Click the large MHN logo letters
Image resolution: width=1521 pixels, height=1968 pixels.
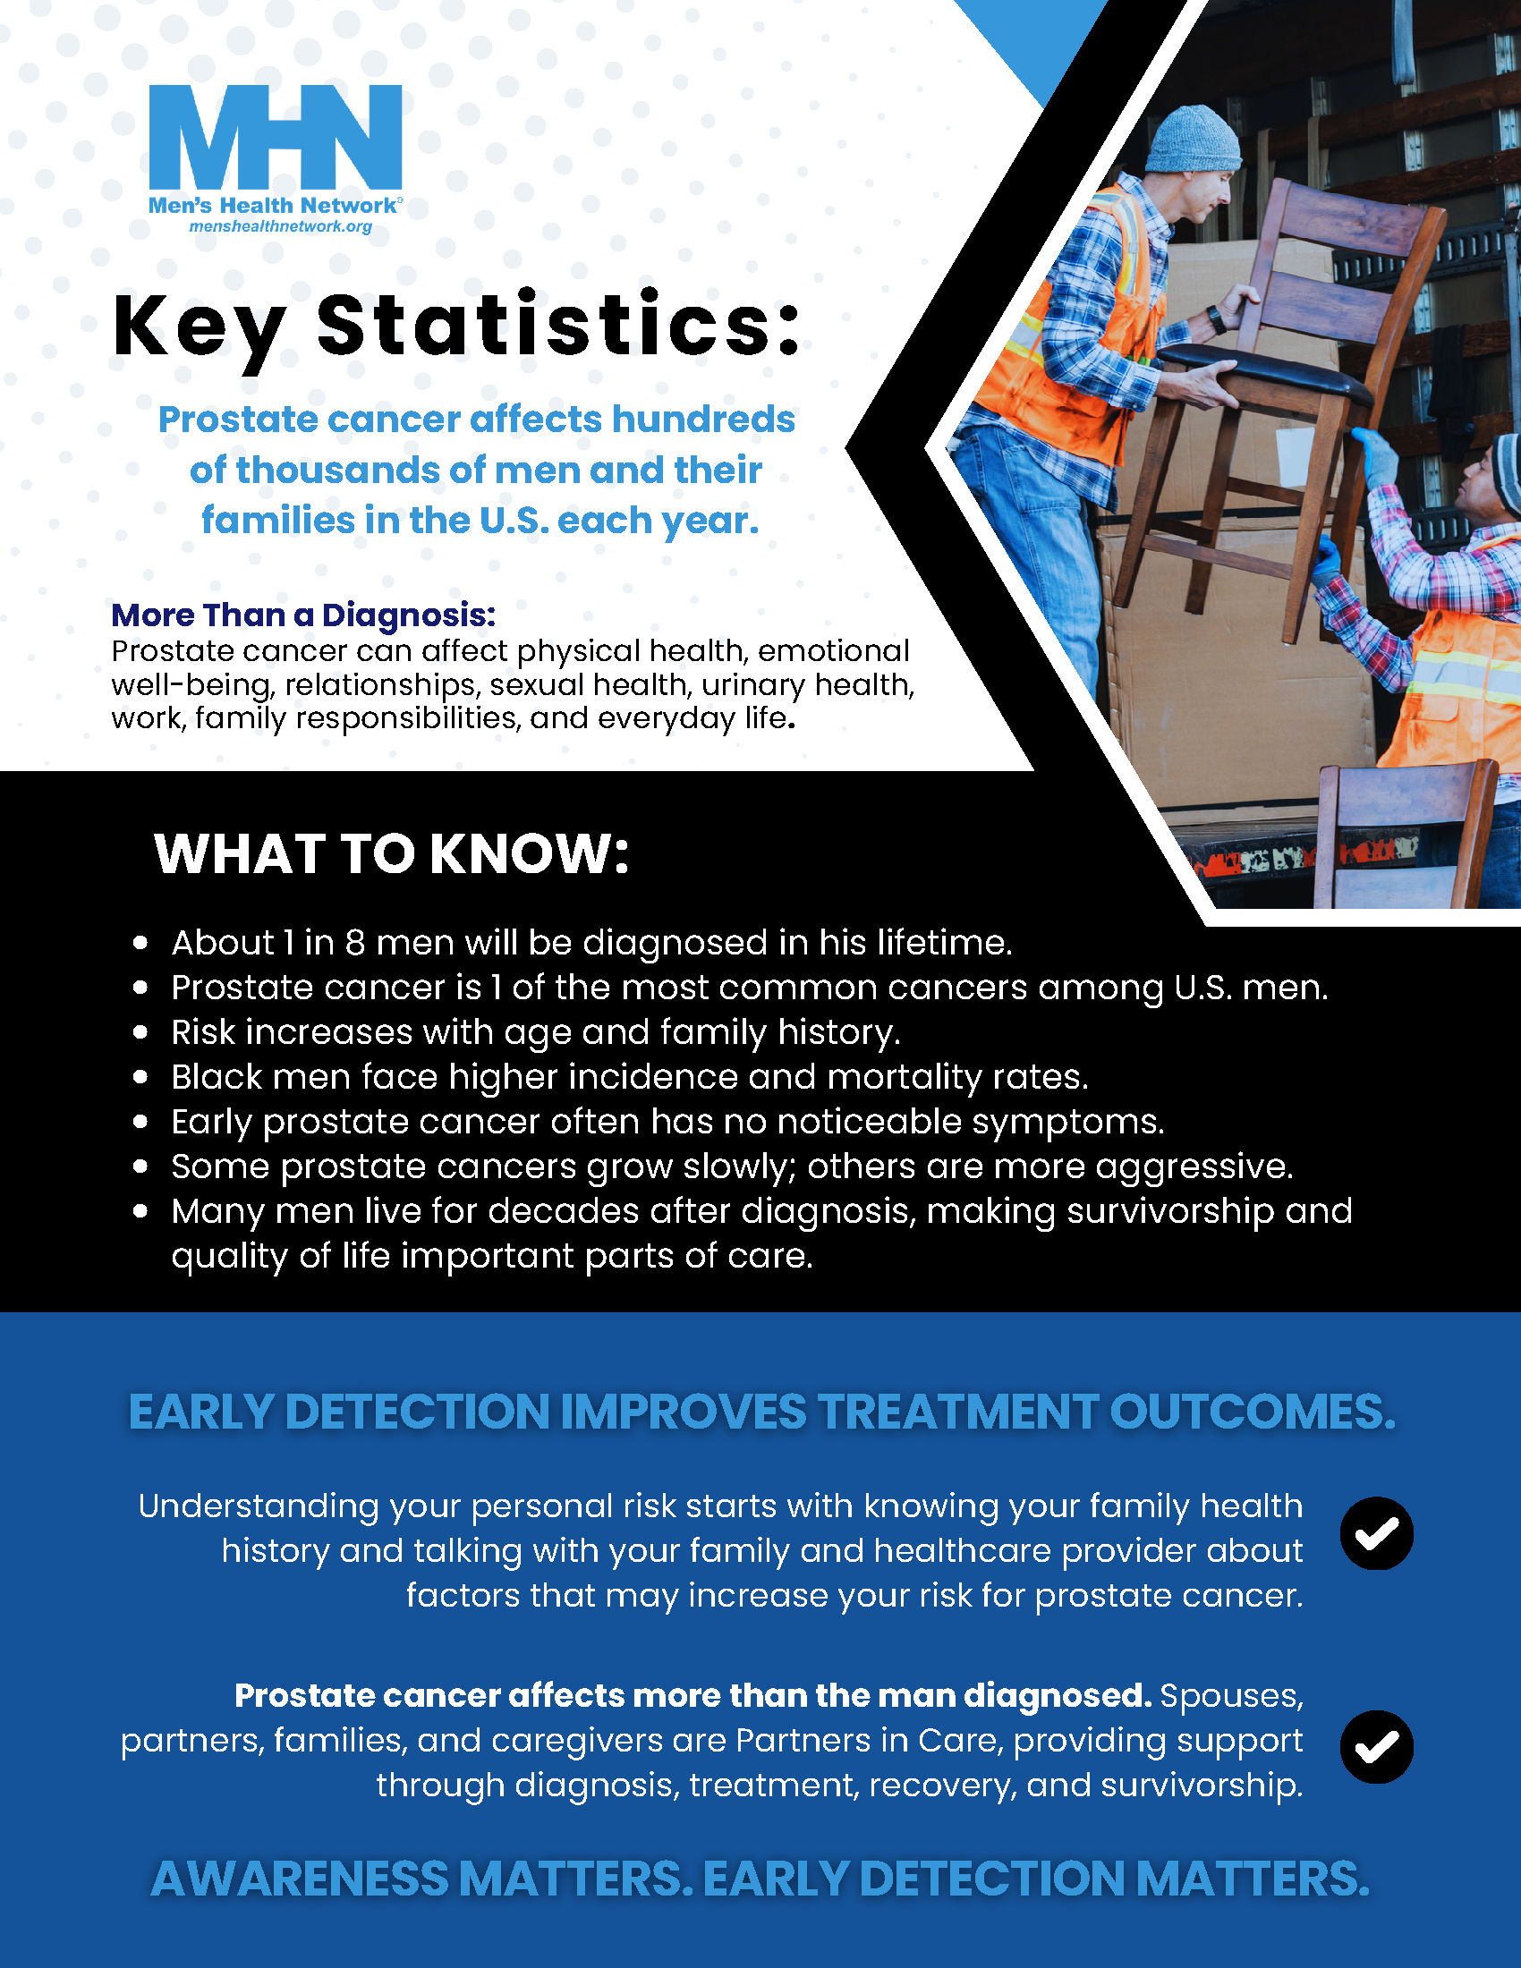(x=275, y=136)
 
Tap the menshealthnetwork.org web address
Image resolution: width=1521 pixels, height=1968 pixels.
(x=280, y=226)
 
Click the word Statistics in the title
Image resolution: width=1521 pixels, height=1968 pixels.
(x=557, y=326)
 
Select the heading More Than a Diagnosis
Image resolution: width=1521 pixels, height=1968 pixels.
(x=302, y=615)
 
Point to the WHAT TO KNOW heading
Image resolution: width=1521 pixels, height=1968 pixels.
(x=391, y=853)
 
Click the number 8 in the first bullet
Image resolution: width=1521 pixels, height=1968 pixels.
(x=355, y=943)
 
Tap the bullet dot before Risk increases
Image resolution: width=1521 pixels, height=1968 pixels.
(x=140, y=1031)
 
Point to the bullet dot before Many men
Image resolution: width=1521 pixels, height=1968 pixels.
(x=140, y=1211)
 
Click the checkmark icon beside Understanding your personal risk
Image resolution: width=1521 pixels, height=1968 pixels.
(x=1376, y=1532)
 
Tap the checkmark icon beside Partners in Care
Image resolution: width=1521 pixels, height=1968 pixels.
(x=1376, y=1746)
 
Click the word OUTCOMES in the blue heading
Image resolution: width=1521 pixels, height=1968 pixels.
(x=1253, y=1411)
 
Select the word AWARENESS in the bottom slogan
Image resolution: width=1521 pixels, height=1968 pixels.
(x=299, y=1879)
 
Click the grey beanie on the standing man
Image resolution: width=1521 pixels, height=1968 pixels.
(x=1191, y=139)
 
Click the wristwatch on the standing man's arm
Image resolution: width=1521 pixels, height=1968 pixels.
(x=1217, y=319)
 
